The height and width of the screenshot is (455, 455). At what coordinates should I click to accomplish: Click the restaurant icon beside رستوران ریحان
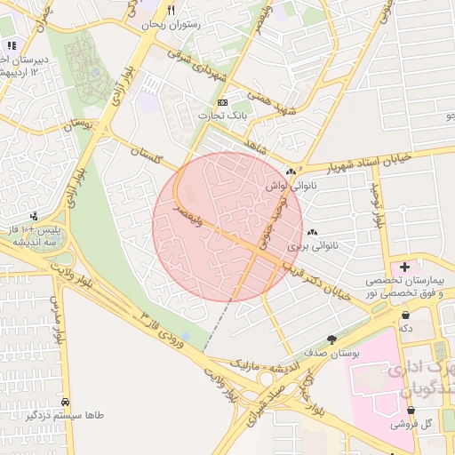click(171, 11)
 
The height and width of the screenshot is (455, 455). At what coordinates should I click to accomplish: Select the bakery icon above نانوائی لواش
click(291, 172)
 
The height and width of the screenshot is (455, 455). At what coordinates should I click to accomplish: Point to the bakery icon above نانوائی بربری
click(312, 231)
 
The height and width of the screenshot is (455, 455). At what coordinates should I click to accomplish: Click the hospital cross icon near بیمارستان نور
click(405, 267)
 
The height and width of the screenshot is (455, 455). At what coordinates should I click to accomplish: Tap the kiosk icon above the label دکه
click(406, 315)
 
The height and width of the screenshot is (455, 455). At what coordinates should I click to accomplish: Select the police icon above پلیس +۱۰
click(34, 216)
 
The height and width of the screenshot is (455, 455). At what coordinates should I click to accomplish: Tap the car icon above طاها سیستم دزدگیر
click(67, 401)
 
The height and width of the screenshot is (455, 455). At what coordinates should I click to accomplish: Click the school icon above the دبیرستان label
click(11, 44)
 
